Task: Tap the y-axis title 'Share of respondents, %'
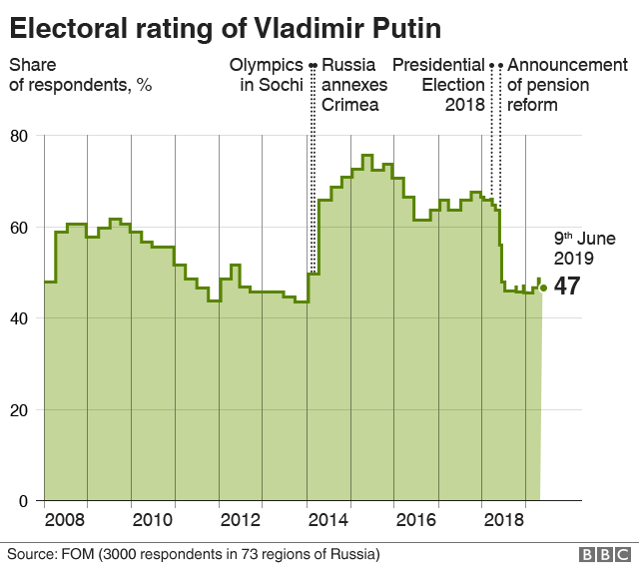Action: tap(80, 75)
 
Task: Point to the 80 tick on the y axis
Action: tap(19, 135)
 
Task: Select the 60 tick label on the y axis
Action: tap(19, 227)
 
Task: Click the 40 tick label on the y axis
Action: tap(19, 318)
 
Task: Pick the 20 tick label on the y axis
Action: tap(19, 410)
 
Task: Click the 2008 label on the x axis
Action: tap(65, 520)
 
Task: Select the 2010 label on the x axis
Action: tap(153, 520)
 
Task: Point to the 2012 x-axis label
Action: tap(241, 520)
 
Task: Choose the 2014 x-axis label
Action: tap(328, 520)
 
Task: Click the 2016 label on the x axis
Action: tap(416, 520)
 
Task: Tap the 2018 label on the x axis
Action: tap(504, 520)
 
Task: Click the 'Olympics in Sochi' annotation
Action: tap(266, 75)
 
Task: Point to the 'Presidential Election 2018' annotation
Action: tap(438, 85)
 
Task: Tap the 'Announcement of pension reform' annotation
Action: tap(567, 85)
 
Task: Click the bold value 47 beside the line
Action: tap(567, 286)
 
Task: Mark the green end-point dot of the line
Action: tap(543, 288)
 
